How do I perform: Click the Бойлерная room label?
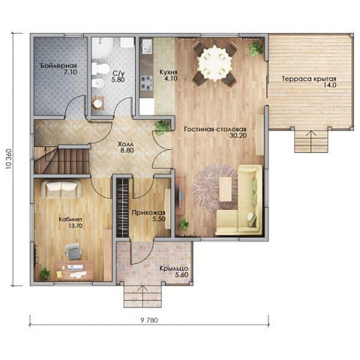58,66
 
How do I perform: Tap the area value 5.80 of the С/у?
118,80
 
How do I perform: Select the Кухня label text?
169,72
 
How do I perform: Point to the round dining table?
215,63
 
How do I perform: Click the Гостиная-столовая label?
215,129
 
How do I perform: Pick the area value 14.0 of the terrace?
330,85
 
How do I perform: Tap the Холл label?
126,144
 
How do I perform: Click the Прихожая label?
148,213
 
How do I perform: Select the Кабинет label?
70,219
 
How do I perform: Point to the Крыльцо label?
174,268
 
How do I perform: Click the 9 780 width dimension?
149,320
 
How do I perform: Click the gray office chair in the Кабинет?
73,251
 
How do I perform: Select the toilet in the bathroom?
100,68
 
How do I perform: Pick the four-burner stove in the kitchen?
147,82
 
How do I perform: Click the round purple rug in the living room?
215,188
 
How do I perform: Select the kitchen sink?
147,47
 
